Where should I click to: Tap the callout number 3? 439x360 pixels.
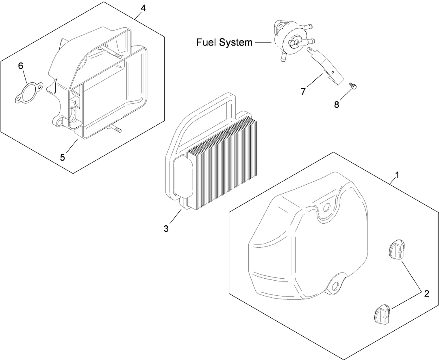coord(166,229)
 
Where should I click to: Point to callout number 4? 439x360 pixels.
coord(143,8)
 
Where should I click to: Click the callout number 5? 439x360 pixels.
coord(62,157)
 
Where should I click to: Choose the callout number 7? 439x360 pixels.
coord(303,92)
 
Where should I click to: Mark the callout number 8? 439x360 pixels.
coord(337,104)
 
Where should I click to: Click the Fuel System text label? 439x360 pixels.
coord(224,42)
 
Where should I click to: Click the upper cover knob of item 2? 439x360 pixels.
coord(396,250)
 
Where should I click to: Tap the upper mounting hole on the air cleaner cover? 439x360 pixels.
coord(326,208)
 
